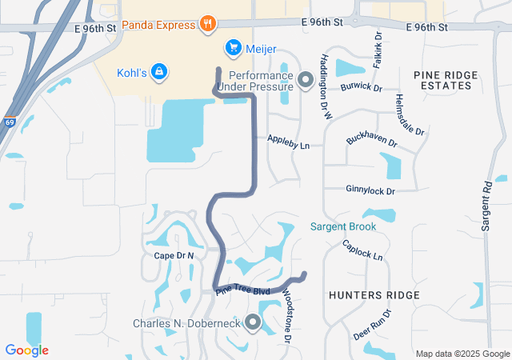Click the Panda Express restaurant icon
(207, 23)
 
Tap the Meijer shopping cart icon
(233, 48)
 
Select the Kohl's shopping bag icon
(160, 72)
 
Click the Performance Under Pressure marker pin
(305, 80)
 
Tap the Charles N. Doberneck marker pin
(253, 323)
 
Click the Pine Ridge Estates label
(446, 80)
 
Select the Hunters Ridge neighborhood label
(374, 295)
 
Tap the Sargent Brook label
(343, 226)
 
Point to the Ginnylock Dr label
(370, 191)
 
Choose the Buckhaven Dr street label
(372, 139)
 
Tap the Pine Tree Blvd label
(242, 290)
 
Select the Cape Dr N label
(174, 254)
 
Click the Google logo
(26, 350)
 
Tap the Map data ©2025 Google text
(462, 354)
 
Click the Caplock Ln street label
(363, 250)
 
